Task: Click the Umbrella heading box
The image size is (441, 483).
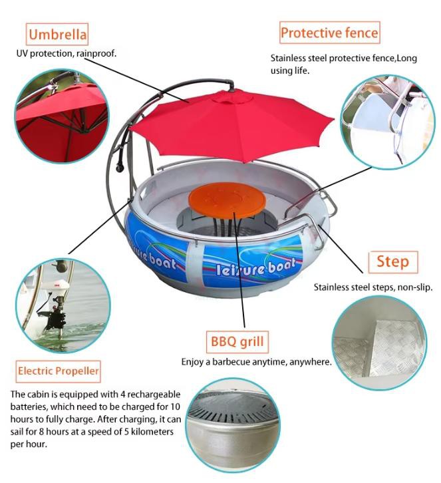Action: pyautogui.click(x=57, y=34)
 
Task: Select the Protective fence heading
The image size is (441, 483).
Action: pyautogui.click(x=329, y=33)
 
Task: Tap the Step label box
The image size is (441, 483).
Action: pyautogui.click(x=393, y=262)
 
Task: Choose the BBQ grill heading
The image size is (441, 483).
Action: pyautogui.click(x=237, y=341)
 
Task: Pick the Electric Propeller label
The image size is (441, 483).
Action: pyautogui.click(x=59, y=371)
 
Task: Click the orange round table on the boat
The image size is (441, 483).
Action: pyautogui.click(x=227, y=200)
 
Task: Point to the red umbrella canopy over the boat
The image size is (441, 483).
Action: pyautogui.click(x=231, y=123)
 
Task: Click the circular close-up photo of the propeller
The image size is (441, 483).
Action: pyautogui.click(x=63, y=305)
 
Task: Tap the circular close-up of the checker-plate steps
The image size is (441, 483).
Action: pyautogui.click(x=379, y=343)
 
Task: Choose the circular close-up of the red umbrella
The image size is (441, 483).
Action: pyautogui.click(x=63, y=116)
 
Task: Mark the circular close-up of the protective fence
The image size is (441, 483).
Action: pyautogui.click(x=388, y=121)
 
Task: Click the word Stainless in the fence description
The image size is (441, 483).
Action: pyautogui.click(x=288, y=59)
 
